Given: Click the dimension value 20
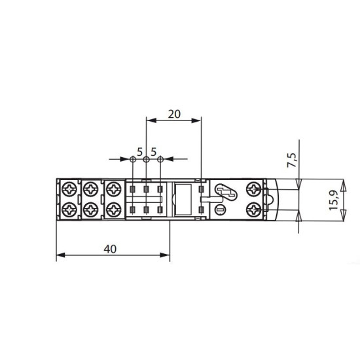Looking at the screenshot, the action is coord(174,114).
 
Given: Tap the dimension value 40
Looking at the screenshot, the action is coord(110,249).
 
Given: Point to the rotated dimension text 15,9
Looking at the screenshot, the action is coord(334,200).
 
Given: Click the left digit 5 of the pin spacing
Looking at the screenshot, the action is coord(140,152).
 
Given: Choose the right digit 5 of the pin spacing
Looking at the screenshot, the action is coord(154,152).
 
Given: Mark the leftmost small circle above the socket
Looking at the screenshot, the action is coord(133,159).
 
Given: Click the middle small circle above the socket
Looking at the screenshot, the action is coord(146,159).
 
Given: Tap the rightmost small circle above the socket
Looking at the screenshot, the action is coord(160,159).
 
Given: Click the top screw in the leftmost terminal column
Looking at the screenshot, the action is coord(69,189).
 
